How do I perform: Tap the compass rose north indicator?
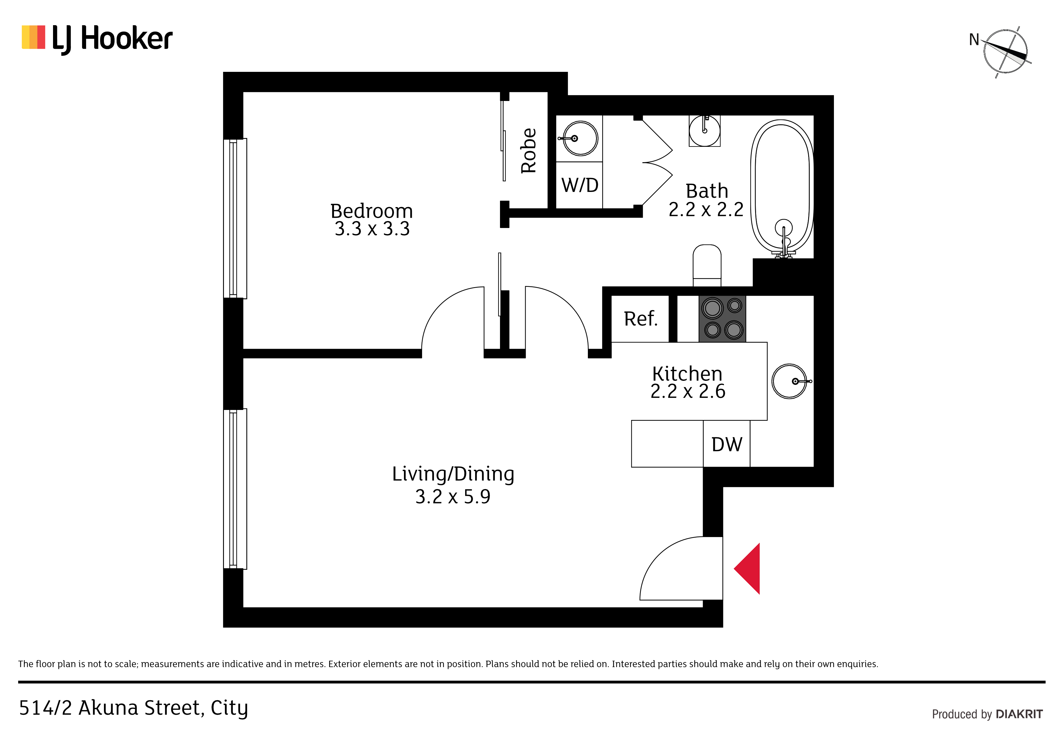(x=1005, y=52)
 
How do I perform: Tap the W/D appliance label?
(x=580, y=185)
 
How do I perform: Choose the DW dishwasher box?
(x=726, y=444)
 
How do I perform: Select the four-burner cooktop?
(x=722, y=319)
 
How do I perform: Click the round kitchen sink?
(x=790, y=381)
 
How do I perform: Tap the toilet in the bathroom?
(x=707, y=266)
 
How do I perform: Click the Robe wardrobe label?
(x=528, y=151)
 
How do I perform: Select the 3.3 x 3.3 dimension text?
(x=372, y=229)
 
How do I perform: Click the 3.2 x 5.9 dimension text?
(x=453, y=497)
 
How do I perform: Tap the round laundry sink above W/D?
(x=580, y=138)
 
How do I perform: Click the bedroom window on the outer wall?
(x=235, y=218)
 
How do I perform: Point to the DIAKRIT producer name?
(x=1019, y=714)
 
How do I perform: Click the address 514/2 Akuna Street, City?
(x=133, y=708)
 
